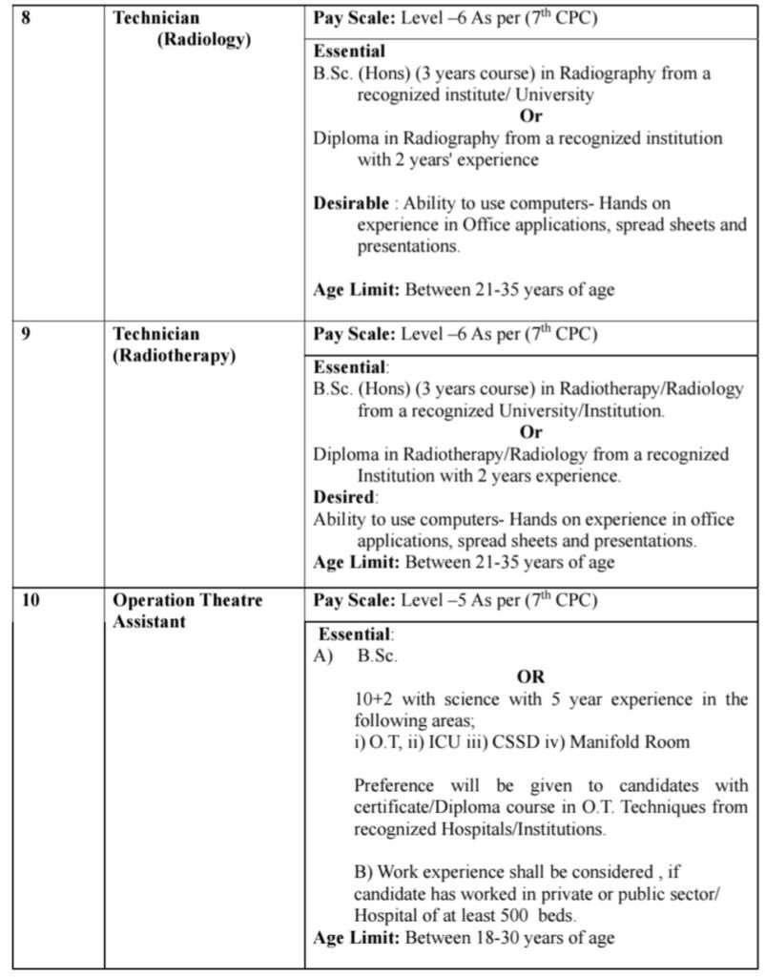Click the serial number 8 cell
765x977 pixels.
(x=26, y=17)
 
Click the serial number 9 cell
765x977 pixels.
(x=26, y=335)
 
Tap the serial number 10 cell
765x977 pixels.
(x=32, y=601)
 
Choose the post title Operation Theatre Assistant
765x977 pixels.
(x=187, y=611)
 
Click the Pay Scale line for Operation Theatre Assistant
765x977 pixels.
(x=456, y=601)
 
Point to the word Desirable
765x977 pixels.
(x=351, y=203)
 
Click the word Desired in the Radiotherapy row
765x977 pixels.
(x=345, y=497)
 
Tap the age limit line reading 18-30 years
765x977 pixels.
(x=464, y=938)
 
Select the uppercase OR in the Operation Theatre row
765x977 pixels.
(x=531, y=676)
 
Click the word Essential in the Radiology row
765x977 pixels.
(x=349, y=52)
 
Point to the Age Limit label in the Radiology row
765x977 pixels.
(x=357, y=290)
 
